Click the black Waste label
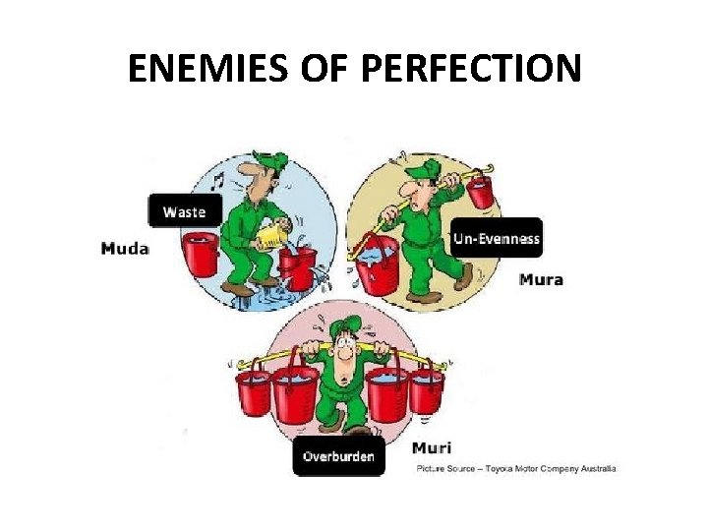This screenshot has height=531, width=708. [184, 211]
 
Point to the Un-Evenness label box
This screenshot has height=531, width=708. [497, 238]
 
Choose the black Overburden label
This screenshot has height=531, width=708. [338, 456]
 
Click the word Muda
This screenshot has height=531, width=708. [124, 249]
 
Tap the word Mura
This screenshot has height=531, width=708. [541, 279]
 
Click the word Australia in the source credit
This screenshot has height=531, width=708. [593, 468]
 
